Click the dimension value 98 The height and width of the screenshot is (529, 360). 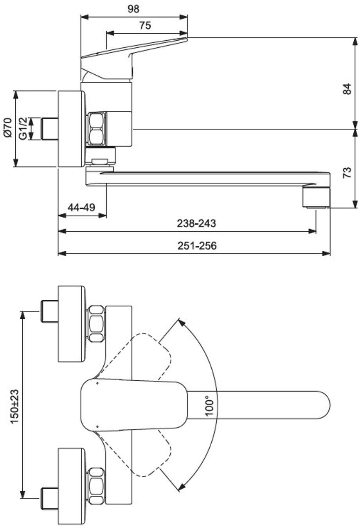point(133,9)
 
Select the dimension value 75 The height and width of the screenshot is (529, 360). point(145,25)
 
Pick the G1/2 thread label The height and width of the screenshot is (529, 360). point(23,128)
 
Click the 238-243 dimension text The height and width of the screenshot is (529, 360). point(196,223)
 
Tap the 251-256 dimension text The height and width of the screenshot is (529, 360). point(197,246)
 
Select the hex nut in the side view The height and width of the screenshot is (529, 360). point(96,129)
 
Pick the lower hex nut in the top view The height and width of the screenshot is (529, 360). point(96,486)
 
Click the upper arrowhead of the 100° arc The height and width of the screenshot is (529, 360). point(181,322)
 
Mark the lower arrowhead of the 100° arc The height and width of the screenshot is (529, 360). point(181,487)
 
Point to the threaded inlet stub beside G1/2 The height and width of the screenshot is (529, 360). point(49,128)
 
